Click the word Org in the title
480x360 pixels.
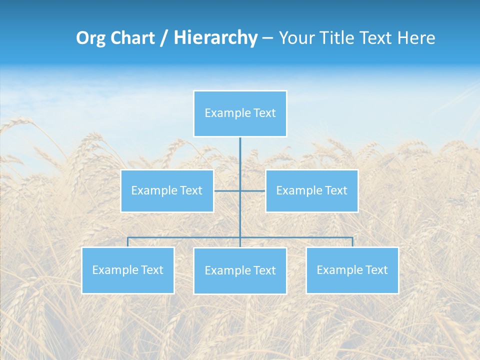[91, 38]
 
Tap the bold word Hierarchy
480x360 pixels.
[215, 38]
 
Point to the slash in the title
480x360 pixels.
[163, 38]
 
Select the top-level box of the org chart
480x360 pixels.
[240, 113]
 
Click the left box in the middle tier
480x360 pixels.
[167, 190]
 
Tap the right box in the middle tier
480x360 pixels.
[311, 190]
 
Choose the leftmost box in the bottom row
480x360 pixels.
[128, 270]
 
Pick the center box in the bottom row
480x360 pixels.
[240, 270]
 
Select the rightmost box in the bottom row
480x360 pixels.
[352, 270]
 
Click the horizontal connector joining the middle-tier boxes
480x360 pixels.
[227, 190]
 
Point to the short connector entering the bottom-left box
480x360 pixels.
[128, 242]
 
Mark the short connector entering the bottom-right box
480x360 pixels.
[352, 242]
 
